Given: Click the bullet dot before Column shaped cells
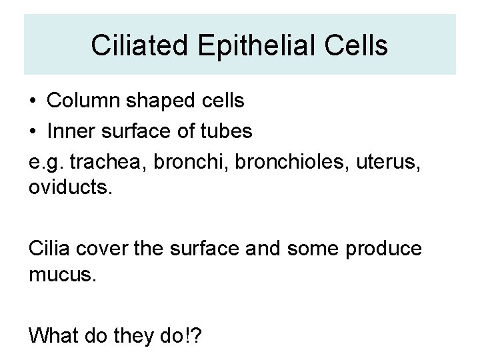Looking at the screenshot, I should click(x=33, y=102).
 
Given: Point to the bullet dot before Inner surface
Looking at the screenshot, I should click(x=33, y=132).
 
